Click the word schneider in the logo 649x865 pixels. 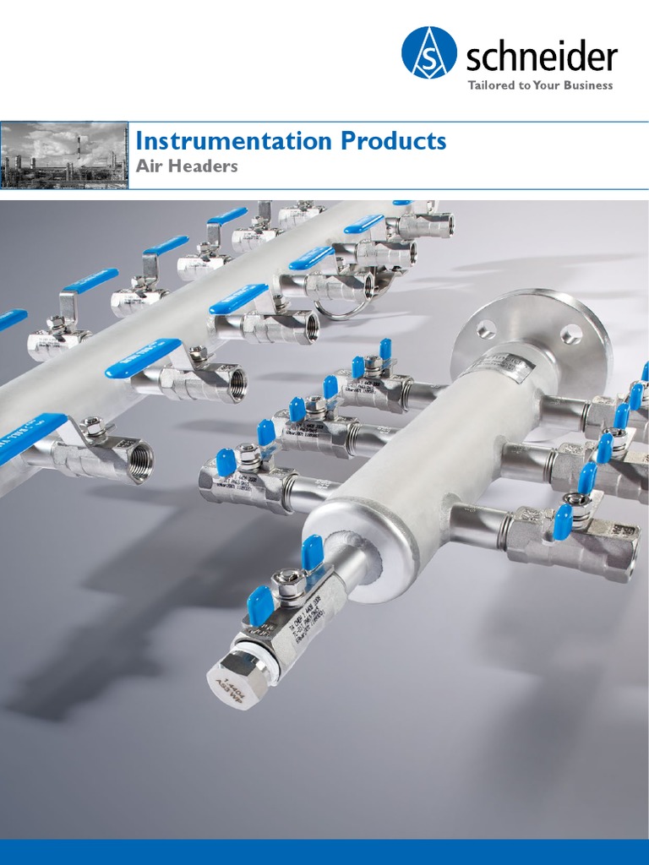coord(542,58)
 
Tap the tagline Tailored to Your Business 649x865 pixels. coord(541,85)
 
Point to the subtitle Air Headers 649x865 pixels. coord(187,166)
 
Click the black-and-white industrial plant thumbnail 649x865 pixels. coord(64,155)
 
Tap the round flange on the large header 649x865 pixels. coord(528,338)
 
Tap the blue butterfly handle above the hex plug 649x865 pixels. coord(259,607)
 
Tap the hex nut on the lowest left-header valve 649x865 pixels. coord(93,427)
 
